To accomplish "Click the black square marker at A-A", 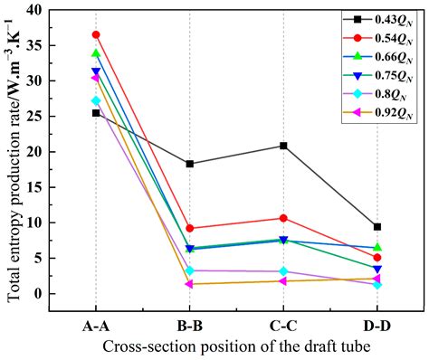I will click(x=96, y=113).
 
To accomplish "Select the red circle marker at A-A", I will click(x=96, y=34).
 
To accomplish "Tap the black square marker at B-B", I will click(x=189, y=164).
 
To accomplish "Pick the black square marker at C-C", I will click(x=283, y=146).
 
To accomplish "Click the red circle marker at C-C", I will click(x=283, y=218).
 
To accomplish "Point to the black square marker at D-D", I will click(x=377, y=226).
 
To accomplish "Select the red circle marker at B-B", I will click(x=189, y=228).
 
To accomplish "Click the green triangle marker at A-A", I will click(x=96, y=53).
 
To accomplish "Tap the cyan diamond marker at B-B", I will click(x=189, y=270).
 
